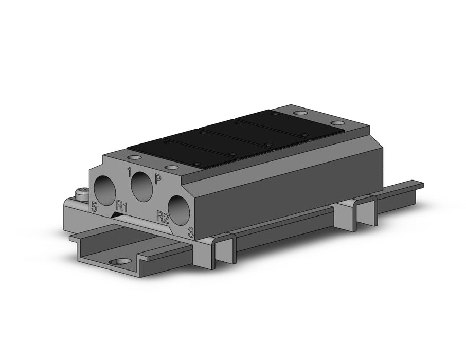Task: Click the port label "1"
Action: coord(129,172)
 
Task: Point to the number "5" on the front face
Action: coord(94,206)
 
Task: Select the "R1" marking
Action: coord(122,206)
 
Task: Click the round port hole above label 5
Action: coord(104,190)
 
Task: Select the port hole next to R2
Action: coord(179,210)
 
